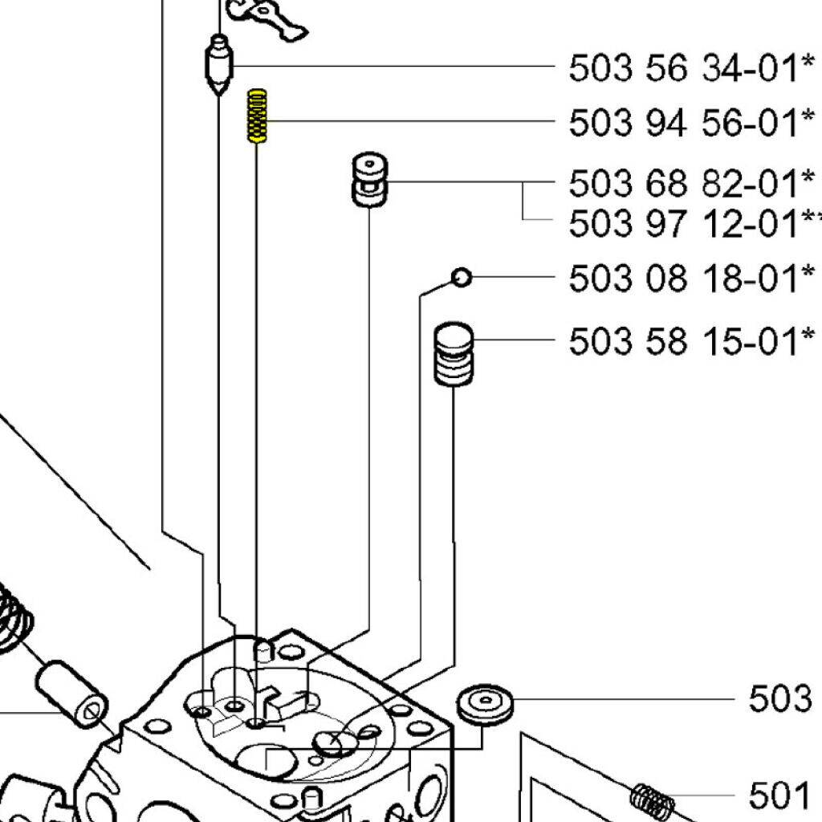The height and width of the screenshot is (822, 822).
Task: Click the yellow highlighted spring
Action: click(257, 116)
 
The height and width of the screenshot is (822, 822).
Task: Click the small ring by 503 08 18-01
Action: click(462, 277)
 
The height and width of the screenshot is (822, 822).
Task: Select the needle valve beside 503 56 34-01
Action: click(219, 65)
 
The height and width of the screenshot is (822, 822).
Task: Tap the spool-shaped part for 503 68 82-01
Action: click(369, 179)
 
